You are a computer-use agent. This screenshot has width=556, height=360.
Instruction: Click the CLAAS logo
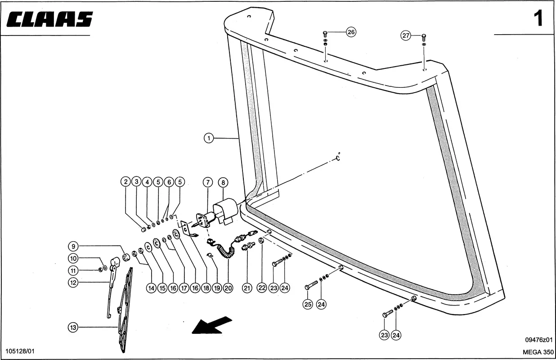tap(50, 20)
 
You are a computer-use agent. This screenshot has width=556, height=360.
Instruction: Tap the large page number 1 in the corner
tap(538, 19)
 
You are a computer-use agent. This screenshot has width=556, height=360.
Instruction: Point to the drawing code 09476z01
tap(538, 340)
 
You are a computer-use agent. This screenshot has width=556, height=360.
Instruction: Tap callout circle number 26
tap(351, 32)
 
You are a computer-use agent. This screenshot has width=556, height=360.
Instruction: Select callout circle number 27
tap(406, 36)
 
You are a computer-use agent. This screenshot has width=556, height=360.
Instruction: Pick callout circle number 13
tap(73, 327)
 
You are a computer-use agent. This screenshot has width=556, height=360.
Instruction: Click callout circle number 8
tap(223, 182)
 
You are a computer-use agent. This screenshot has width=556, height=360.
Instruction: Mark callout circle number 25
tap(308, 304)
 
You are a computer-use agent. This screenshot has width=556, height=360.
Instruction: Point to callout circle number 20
tap(228, 288)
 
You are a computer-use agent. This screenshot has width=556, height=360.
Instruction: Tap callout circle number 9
tap(73, 246)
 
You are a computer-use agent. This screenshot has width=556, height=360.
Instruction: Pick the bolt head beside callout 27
tap(424, 36)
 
